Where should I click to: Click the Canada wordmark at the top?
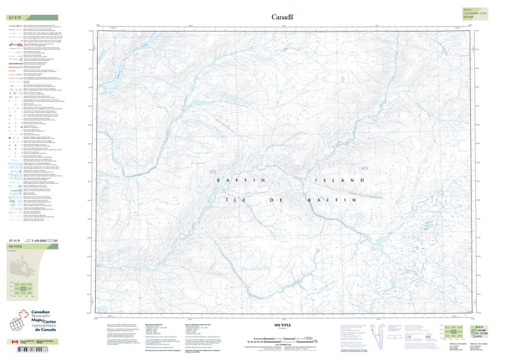[282, 17]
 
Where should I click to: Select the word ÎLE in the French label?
[234, 201]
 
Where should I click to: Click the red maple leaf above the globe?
[24, 315]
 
